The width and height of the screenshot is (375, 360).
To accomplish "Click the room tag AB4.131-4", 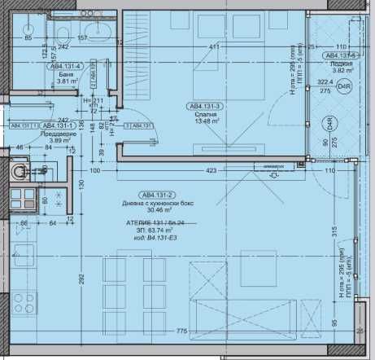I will [67, 70].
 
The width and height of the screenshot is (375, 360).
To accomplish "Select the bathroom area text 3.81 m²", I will [65, 81].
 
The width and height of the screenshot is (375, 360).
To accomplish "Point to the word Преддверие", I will [62, 135].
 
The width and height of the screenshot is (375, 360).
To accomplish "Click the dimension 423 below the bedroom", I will [211, 171].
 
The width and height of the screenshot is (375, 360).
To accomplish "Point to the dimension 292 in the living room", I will [81, 278].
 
